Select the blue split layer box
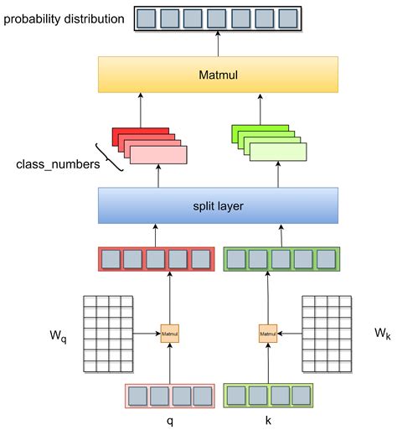pyautogui.click(x=218, y=205)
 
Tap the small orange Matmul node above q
pyautogui.click(x=169, y=334)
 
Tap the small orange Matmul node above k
pyautogui.click(x=268, y=334)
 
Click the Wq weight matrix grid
pyautogui.click(x=107, y=334)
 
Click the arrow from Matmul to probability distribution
pyautogui.click(x=218, y=44)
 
